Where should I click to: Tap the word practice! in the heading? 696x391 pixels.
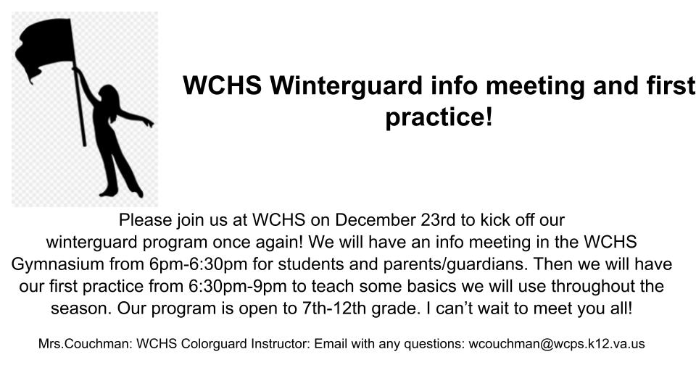point(439,117)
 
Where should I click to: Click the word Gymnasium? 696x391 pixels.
point(51,263)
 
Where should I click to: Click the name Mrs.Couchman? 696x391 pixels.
point(77,345)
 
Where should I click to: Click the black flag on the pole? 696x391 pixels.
point(47,47)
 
